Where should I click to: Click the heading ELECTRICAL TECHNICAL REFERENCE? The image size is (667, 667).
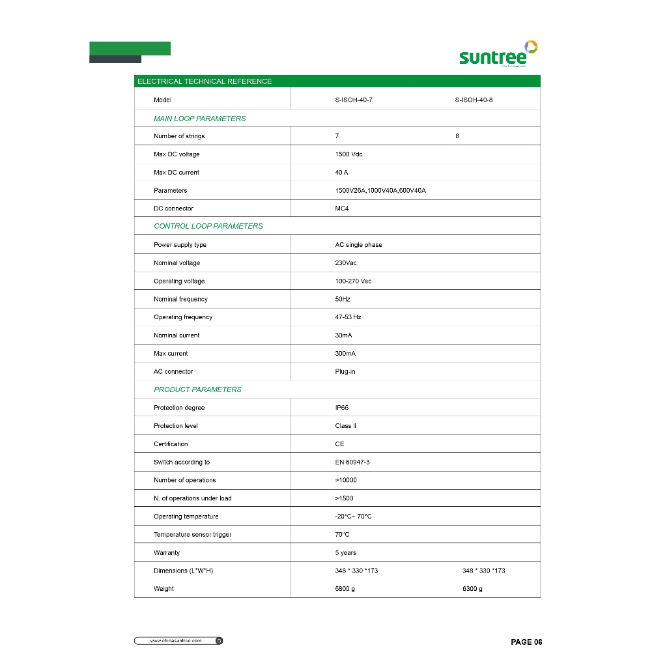[x=205, y=81]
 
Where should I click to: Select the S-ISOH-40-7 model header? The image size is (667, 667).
[x=354, y=100]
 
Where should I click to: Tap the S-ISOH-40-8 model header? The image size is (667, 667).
[x=474, y=100]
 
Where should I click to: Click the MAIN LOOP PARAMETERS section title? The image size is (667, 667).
[x=199, y=119]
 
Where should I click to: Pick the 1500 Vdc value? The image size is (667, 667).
[x=348, y=154]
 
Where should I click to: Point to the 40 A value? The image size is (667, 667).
[x=341, y=173]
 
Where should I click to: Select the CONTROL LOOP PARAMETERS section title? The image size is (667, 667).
[x=208, y=226]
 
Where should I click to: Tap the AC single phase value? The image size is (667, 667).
[x=358, y=245]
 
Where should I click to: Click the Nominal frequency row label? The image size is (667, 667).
[x=180, y=299]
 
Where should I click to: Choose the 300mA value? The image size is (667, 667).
[x=345, y=354]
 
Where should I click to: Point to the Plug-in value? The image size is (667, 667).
[x=345, y=372]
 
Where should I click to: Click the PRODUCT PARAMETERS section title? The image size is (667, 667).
[x=197, y=390]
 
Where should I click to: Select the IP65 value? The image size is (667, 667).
[x=343, y=408]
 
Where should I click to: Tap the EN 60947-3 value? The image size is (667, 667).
[x=352, y=462]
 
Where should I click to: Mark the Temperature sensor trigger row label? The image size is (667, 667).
[x=192, y=535]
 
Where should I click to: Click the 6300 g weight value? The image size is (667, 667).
[x=472, y=589]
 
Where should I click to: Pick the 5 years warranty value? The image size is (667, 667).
[x=346, y=553]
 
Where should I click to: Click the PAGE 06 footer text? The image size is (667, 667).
[x=526, y=642]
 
